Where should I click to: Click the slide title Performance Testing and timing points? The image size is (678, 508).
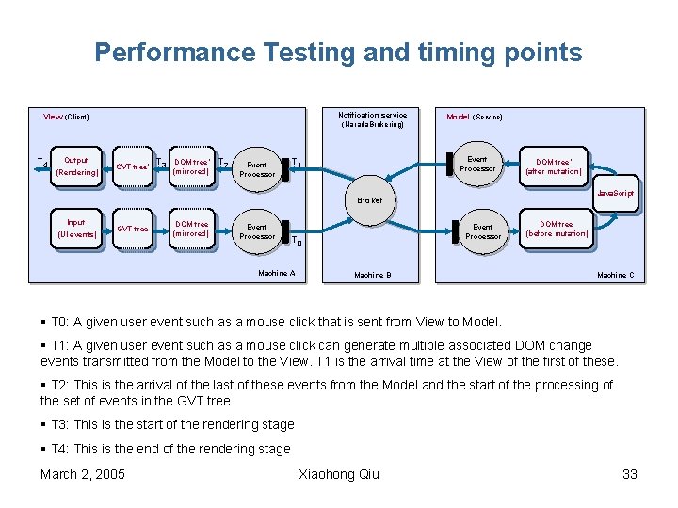pos(338,52)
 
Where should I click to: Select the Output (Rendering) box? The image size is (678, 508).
pos(76,167)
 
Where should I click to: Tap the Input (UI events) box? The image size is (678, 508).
pos(76,229)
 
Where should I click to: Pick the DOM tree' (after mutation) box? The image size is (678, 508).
pos(554,167)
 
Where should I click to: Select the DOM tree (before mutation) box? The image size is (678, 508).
pos(557,229)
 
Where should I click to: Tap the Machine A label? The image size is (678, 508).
pos(276,274)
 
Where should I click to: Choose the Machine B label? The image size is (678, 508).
pos(372,275)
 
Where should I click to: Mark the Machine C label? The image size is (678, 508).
pos(616,275)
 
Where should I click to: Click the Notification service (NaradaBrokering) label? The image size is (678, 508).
pos(373,119)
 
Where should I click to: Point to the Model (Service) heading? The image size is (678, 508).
pos(474,117)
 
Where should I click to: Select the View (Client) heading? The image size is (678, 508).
pos(66,117)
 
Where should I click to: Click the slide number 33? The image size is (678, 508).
pos(630,474)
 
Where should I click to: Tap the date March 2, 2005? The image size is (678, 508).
pos(83,474)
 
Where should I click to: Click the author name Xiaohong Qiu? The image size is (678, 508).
pos(338,474)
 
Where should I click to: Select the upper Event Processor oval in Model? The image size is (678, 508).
pos(477,165)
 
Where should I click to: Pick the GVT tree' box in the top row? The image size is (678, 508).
pos(132,167)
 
